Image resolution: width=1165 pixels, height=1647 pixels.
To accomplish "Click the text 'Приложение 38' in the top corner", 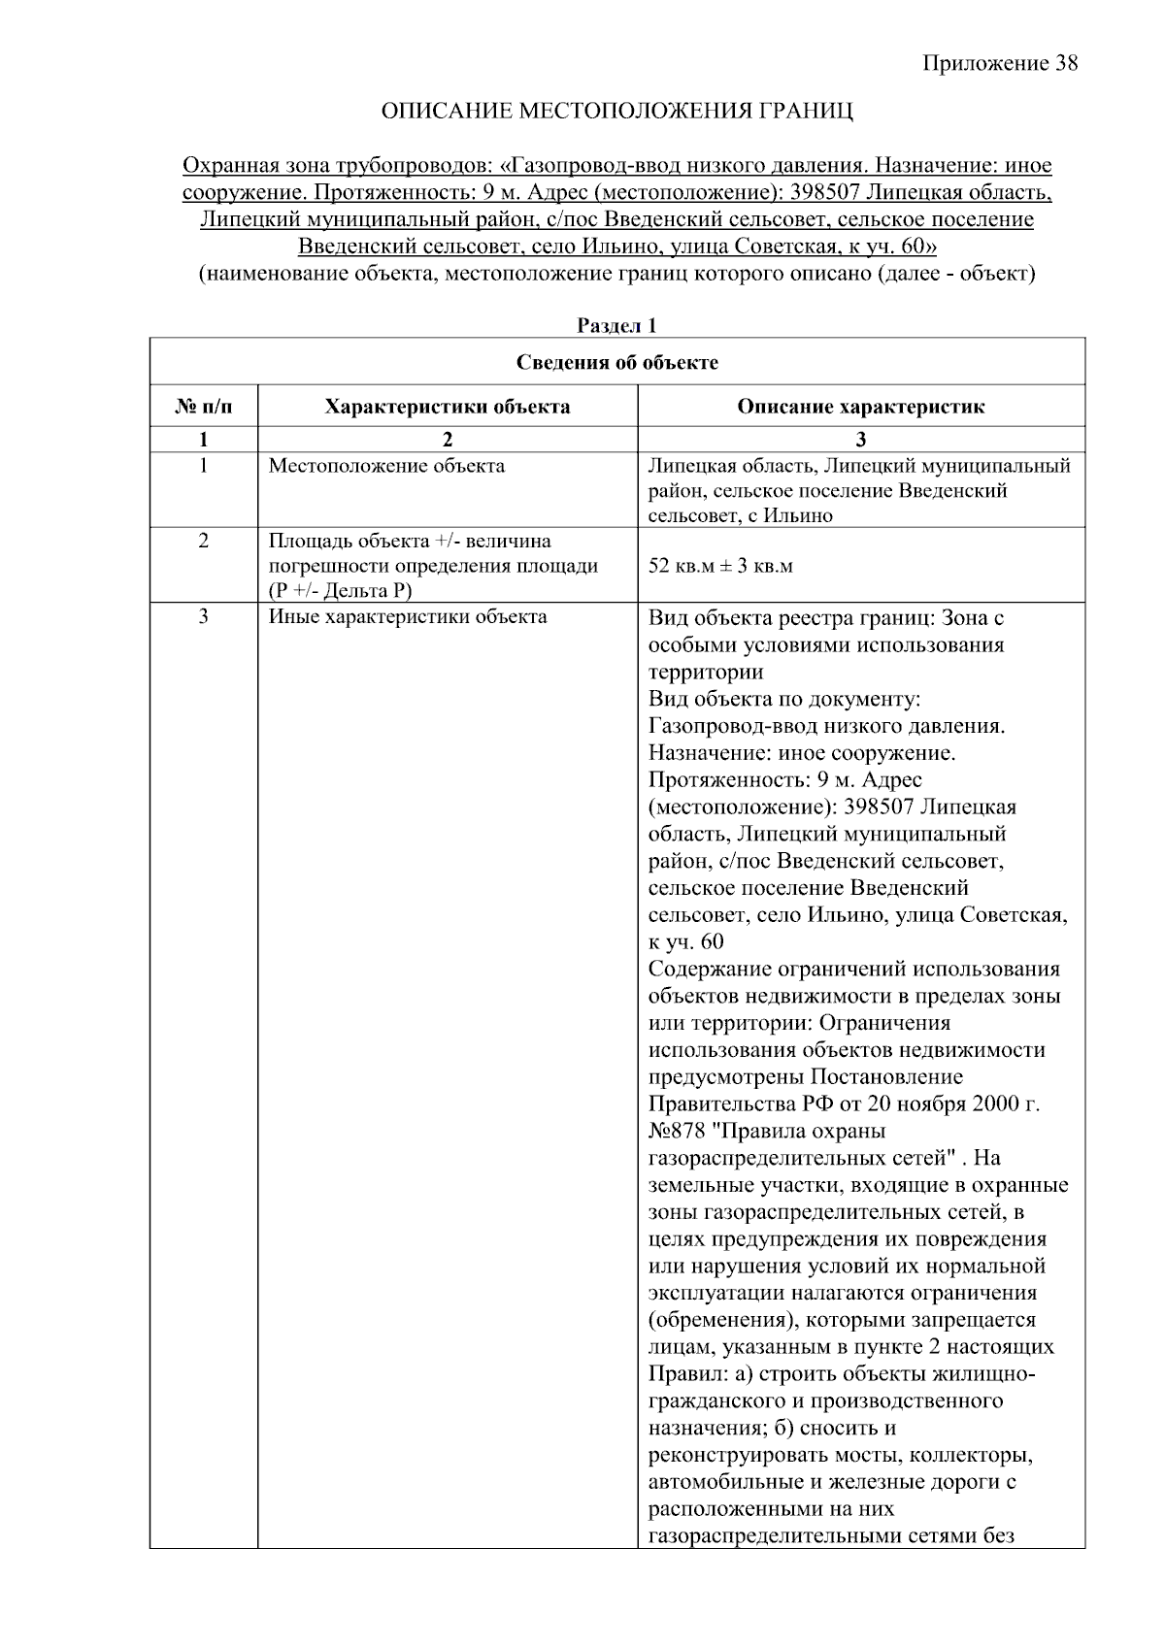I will [999, 64].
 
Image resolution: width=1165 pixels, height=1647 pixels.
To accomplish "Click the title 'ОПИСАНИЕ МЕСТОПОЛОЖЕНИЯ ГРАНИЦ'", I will [617, 112].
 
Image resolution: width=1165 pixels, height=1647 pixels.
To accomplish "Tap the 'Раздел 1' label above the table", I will [616, 326].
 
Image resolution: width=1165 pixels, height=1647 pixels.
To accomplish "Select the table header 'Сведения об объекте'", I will [616, 363].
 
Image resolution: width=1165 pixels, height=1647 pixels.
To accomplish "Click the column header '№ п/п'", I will [203, 407].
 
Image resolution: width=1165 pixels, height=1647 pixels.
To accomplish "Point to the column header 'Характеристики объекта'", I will [448, 407].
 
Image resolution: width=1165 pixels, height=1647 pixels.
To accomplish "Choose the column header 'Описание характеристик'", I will [860, 407].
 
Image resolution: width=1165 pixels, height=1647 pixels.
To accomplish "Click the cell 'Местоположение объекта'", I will [386, 466].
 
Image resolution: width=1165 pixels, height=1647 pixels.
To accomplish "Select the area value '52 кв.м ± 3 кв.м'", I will [720, 566].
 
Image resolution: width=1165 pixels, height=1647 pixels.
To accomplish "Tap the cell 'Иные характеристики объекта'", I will [408, 616].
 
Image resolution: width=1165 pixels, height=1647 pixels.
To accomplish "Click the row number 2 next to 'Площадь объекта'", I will [203, 541].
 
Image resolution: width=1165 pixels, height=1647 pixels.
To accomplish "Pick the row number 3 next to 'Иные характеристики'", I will [203, 616].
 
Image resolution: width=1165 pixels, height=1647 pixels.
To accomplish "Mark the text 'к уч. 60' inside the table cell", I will [685, 942].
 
